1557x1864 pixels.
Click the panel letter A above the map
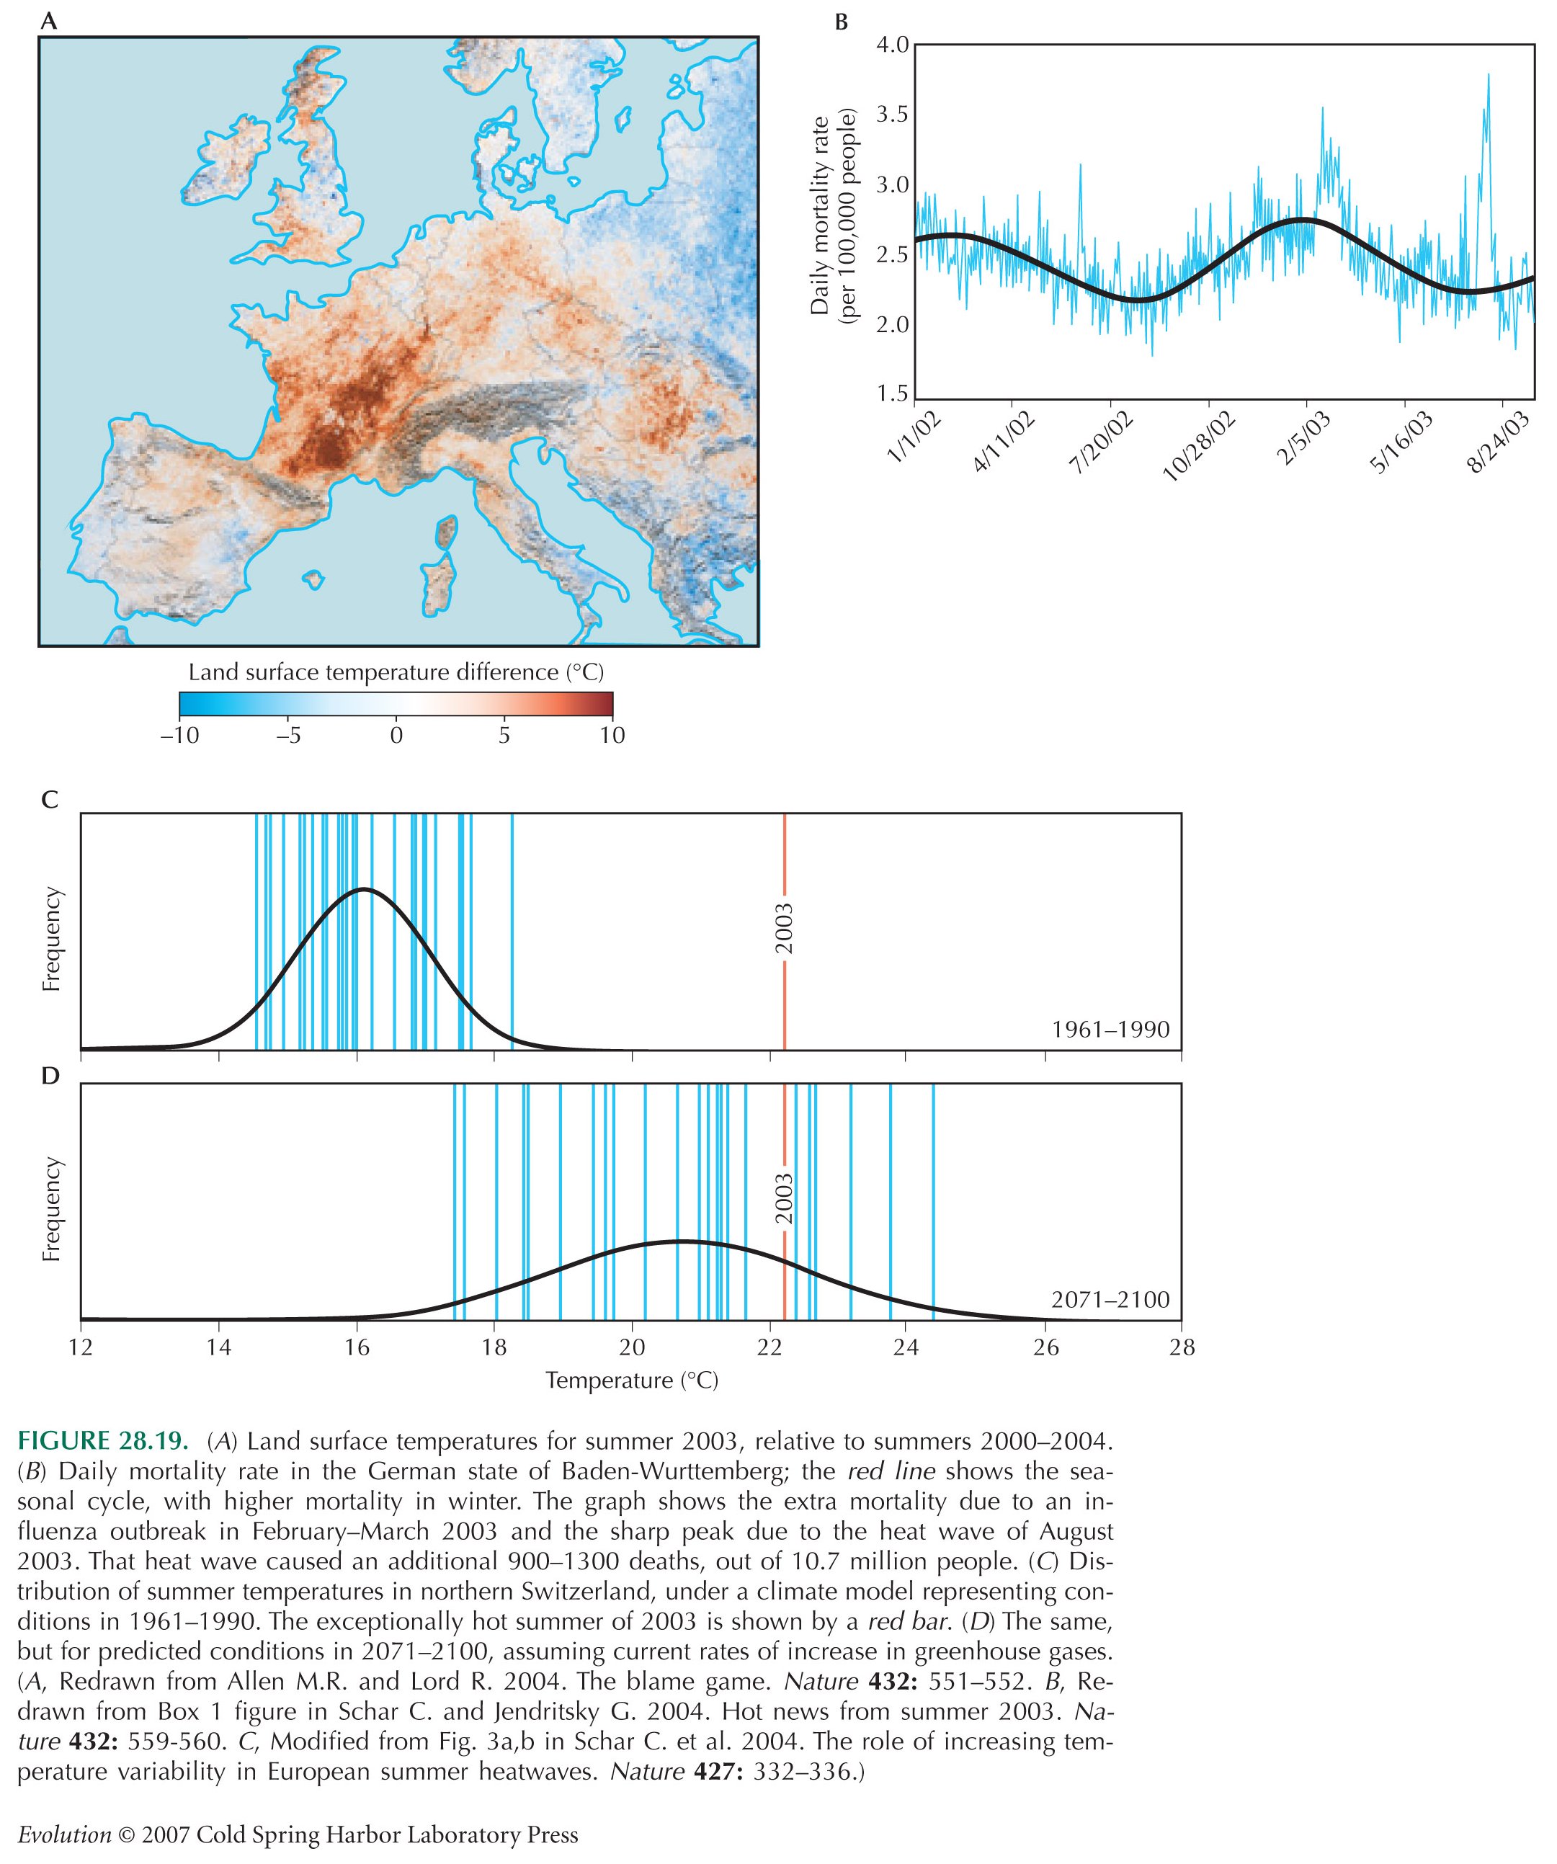click(x=50, y=22)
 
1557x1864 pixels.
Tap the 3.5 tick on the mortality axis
click(x=893, y=115)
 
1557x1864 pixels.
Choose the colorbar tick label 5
click(x=504, y=735)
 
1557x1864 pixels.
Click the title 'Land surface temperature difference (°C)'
click(x=396, y=672)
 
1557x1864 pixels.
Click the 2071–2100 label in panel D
click(x=1110, y=1300)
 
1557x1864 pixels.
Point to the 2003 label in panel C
click(x=784, y=929)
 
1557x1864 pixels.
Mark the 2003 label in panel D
click(x=784, y=1199)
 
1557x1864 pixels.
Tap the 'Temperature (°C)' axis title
click(x=632, y=1381)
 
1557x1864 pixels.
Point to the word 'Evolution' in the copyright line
click(x=65, y=1834)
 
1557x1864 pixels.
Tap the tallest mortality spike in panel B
click(x=1488, y=76)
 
